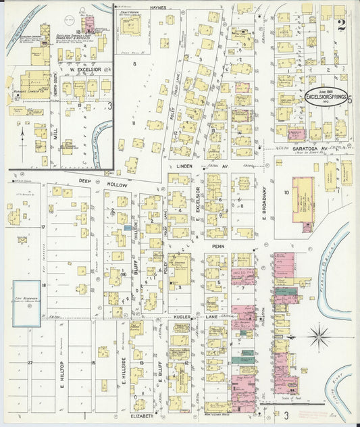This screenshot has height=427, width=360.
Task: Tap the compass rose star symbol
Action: (319, 334)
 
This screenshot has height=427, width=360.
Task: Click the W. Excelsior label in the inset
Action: (80, 70)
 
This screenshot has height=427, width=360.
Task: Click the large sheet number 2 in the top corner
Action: (342, 26)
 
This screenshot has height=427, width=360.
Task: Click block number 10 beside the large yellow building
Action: (286, 193)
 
